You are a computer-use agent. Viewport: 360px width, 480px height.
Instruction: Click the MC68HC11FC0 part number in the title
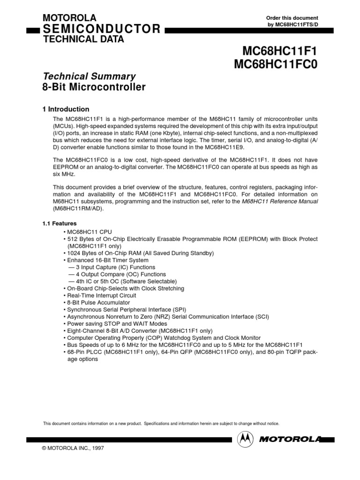point(276,64)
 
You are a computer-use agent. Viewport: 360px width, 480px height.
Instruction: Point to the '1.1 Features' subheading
point(60,224)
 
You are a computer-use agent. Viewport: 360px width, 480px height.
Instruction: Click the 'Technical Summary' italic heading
point(90,76)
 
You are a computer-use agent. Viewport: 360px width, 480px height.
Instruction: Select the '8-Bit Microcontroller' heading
point(94,87)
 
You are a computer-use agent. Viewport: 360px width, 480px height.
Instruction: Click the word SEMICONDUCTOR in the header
point(102,30)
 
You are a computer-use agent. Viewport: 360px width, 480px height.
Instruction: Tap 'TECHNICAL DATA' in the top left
point(83,39)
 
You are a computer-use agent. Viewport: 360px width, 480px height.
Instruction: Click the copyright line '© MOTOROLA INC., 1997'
point(73,448)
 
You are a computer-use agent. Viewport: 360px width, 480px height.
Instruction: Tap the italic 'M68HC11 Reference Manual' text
point(279,202)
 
